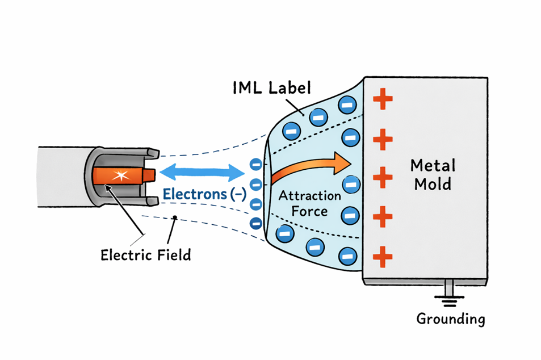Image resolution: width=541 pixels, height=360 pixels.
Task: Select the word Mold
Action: point(433,185)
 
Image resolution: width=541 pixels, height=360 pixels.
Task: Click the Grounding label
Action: point(451,319)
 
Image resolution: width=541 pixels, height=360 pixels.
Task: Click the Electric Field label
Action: point(146,254)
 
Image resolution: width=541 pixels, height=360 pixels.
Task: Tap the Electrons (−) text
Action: point(204,194)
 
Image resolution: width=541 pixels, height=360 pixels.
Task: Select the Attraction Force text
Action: point(309,203)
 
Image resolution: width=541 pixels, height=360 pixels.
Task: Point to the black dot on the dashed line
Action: point(175,217)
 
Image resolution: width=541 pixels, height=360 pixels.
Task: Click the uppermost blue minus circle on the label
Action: point(346,105)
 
